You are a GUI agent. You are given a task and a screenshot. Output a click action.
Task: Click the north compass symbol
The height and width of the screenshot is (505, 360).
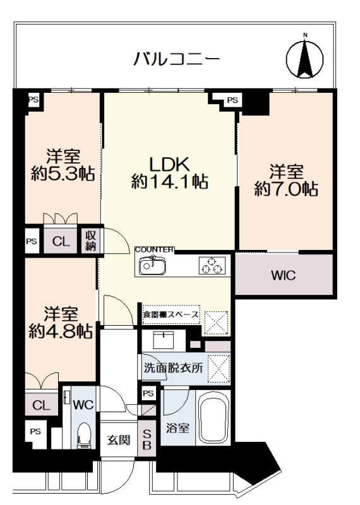pos(304,58)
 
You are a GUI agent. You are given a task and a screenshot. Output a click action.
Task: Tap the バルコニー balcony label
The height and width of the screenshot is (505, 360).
pos(177,59)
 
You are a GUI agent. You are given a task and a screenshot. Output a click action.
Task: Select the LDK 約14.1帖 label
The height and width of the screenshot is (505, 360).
pos(169,172)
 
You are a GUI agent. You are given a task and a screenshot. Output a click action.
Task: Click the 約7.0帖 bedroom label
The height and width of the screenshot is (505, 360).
pos(286,181)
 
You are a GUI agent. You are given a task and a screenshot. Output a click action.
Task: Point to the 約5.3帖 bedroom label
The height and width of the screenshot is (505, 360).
pos(63,165)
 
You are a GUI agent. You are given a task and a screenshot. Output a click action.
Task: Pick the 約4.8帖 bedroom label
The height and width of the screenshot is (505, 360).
pos(61,323)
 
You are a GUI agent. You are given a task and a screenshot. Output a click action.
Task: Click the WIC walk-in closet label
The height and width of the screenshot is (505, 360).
pos(284,276)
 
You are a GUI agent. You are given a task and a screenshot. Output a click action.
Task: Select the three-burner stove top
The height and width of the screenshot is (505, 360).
pos(212,265)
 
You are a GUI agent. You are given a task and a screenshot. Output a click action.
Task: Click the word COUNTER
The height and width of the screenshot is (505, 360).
pos(154,249)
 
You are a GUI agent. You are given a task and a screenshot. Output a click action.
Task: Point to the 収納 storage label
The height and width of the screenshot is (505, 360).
pos(90,241)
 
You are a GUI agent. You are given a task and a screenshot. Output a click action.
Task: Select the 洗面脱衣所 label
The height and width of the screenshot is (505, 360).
pos(173,368)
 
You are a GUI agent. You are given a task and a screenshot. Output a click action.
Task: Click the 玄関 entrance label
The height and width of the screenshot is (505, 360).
pos(119,439)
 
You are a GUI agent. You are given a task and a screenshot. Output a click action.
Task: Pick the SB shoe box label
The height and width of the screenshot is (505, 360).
pos(147,439)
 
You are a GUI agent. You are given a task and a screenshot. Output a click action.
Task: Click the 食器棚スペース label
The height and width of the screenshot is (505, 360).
pos(171,314)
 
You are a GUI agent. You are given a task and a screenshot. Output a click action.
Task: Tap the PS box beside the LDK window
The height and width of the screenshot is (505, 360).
pos(232,100)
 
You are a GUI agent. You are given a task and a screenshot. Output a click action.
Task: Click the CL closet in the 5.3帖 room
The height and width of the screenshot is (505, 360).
pos(61,241)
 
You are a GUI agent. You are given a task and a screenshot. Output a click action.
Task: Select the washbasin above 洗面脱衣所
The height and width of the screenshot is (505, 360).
pos(164,340)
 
